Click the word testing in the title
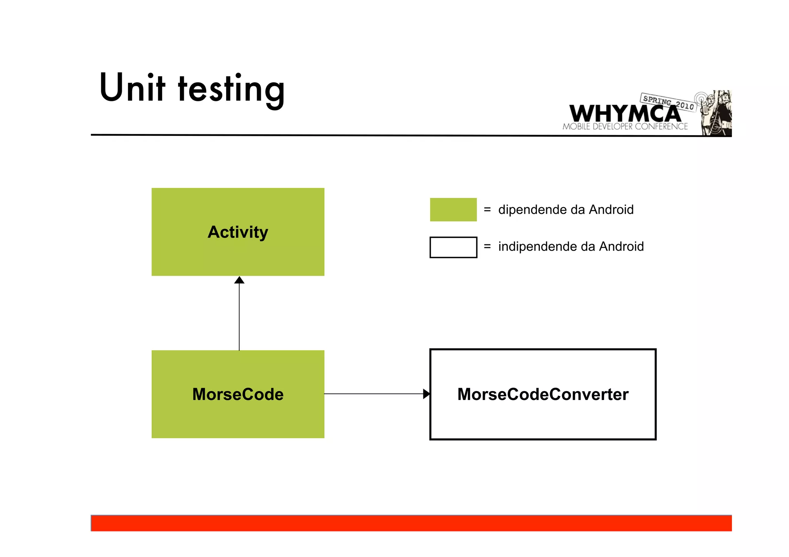(x=231, y=89)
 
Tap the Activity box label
(x=238, y=232)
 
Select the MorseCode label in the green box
(x=238, y=395)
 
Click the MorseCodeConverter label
(x=543, y=395)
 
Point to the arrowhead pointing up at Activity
(x=239, y=280)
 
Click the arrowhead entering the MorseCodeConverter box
(x=426, y=394)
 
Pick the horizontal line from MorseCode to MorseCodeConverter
(x=374, y=394)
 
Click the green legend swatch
(x=453, y=210)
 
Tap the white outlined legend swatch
(x=453, y=247)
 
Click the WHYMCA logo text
(x=624, y=114)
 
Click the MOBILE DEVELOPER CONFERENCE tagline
(x=625, y=127)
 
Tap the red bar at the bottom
(x=411, y=523)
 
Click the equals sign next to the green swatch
(x=487, y=210)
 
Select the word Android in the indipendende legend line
(x=621, y=247)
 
